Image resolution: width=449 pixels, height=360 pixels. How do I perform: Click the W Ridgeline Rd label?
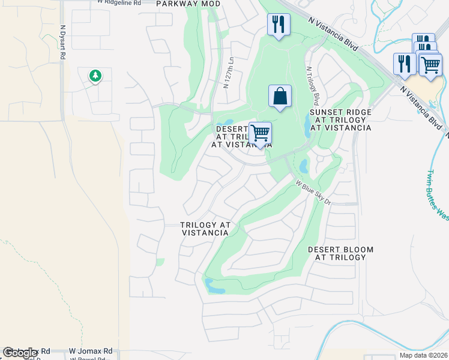click(119, 3)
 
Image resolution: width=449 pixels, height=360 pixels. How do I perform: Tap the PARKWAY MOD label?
click(188, 4)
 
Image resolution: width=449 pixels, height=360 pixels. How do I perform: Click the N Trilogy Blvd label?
click(313, 85)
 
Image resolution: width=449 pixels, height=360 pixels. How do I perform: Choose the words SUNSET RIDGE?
click(340, 112)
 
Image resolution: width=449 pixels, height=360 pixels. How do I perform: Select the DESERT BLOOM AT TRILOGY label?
click(340, 253)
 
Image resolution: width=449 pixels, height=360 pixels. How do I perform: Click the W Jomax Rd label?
click(91, 351)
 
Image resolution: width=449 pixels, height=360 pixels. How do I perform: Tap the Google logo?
click(20, 353)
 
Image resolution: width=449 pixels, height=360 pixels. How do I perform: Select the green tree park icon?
click(95, 76)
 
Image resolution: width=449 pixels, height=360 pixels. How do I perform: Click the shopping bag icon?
click(280, 96)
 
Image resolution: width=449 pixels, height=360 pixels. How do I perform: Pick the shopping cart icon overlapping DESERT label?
click(260, 133)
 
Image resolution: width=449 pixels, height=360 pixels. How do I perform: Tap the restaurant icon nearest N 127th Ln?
click(278, 25)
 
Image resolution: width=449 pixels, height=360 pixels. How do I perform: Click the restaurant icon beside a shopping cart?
click(405, 64)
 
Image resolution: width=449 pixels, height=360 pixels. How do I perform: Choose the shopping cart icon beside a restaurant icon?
click(430, 64)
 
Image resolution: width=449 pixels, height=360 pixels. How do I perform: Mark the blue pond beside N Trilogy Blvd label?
click(308, 125)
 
